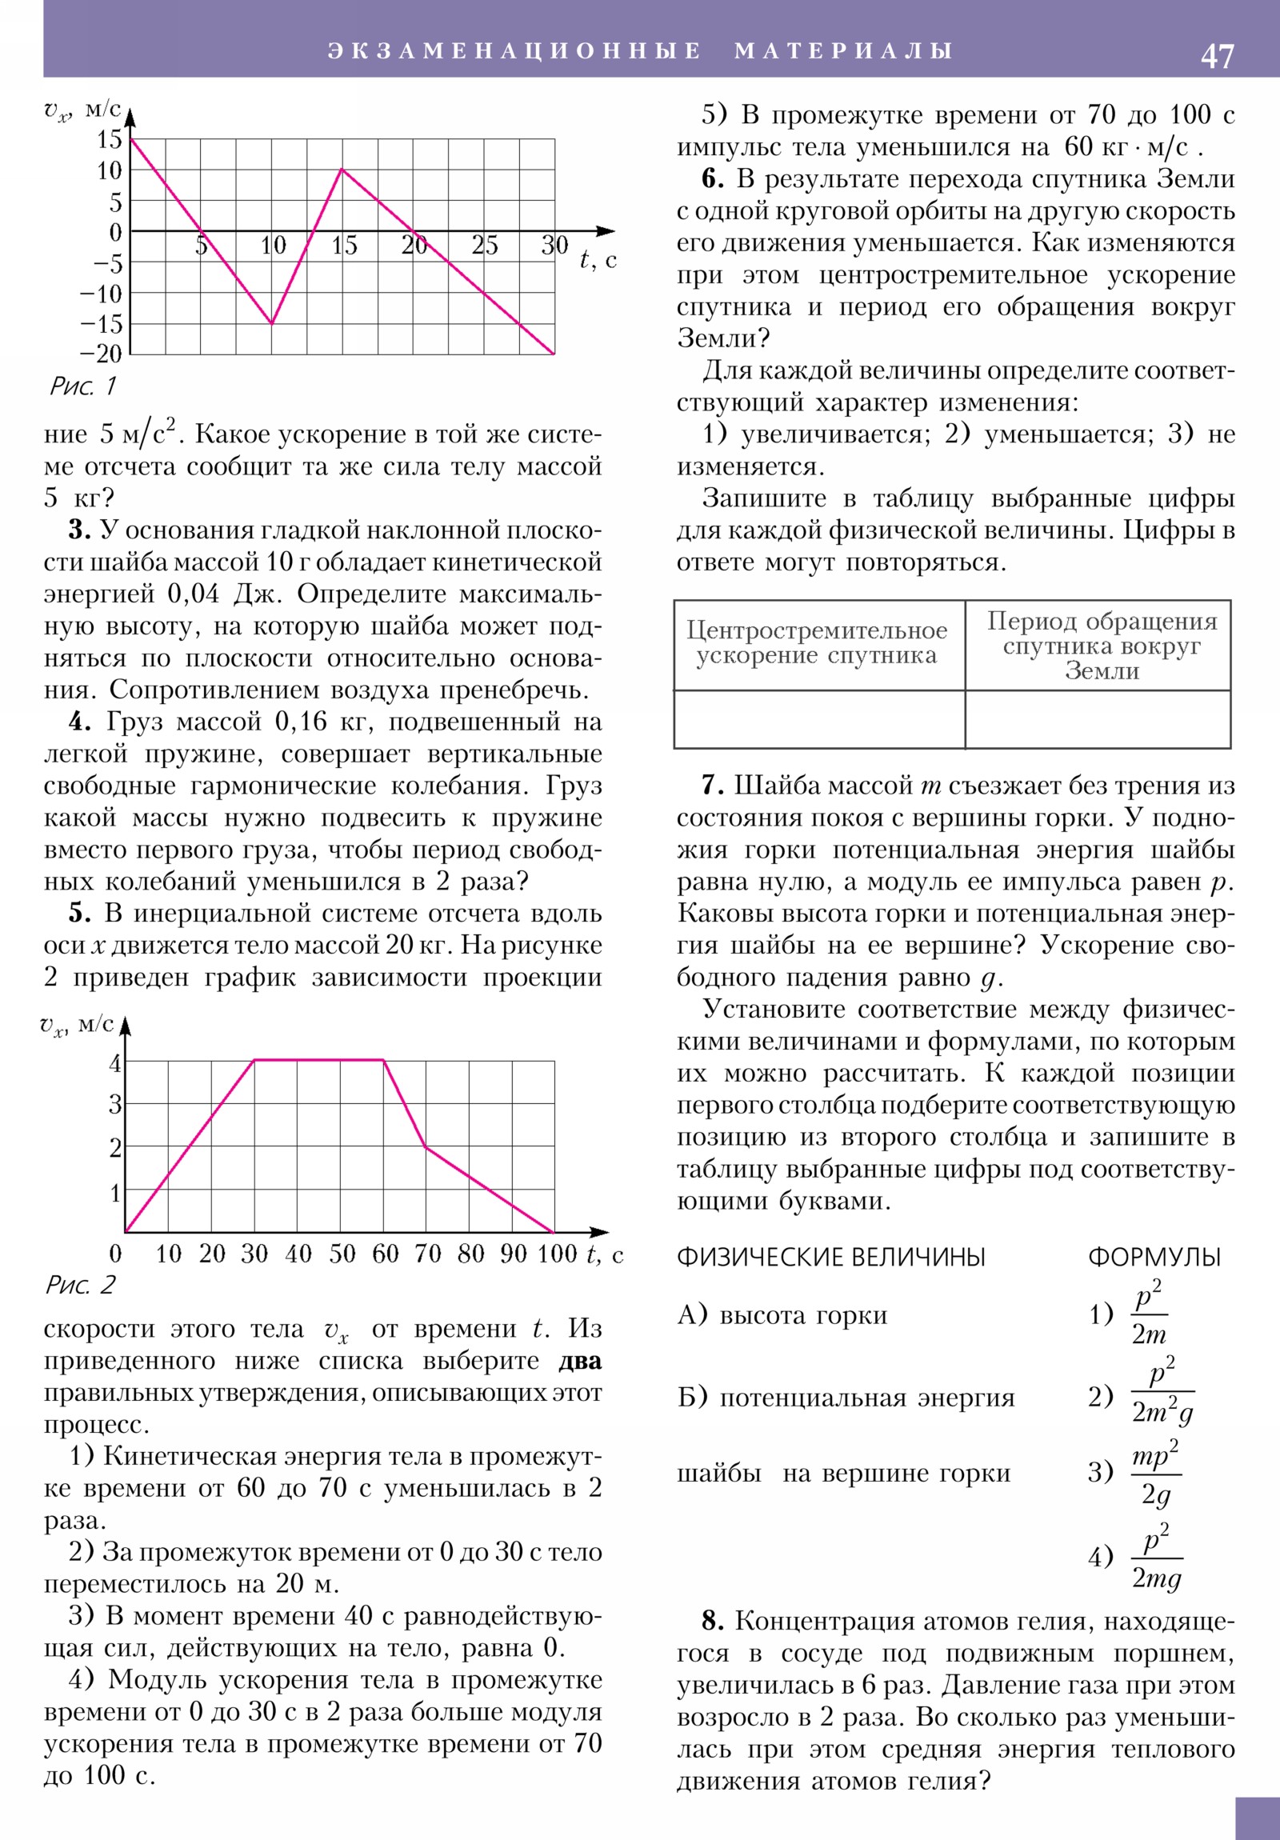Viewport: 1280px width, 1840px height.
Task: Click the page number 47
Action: click(x=1217, y=56)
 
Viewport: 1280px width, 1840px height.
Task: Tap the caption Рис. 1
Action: click(x=82, y=386)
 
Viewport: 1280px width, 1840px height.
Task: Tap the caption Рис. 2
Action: click(x=80, y=1285)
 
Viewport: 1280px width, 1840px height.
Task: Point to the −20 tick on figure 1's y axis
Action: click(x=100, y=354)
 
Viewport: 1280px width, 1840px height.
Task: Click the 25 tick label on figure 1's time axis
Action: click(x=484, y=246)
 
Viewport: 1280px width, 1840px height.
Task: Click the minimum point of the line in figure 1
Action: click(x=272, y=324)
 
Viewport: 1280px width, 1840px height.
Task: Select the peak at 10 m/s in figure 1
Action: click(x=342, y=169)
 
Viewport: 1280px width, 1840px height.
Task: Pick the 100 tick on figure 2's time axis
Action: click(x=556, y=1254)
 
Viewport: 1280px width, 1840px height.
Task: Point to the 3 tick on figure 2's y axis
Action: click(x=115, y=1104)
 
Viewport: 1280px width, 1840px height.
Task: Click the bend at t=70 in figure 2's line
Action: click(x=426, y=1146)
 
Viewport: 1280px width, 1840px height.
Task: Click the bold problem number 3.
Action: click(x=78, y=530)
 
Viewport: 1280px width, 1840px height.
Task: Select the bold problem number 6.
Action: click(x=712, y=178)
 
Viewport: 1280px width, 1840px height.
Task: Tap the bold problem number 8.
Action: click(x=712, y=1622)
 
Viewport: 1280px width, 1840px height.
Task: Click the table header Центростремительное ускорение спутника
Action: click(x=817, y=642)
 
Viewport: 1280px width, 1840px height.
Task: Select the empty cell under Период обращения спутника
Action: click(x=1098, y=719)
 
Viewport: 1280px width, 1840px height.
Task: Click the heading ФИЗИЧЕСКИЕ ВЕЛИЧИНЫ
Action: click(x=830, y=1257)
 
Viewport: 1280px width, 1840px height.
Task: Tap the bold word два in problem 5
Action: click(x=579, y=1362)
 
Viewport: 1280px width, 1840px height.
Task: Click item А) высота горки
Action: click(x=782, y=1315)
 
